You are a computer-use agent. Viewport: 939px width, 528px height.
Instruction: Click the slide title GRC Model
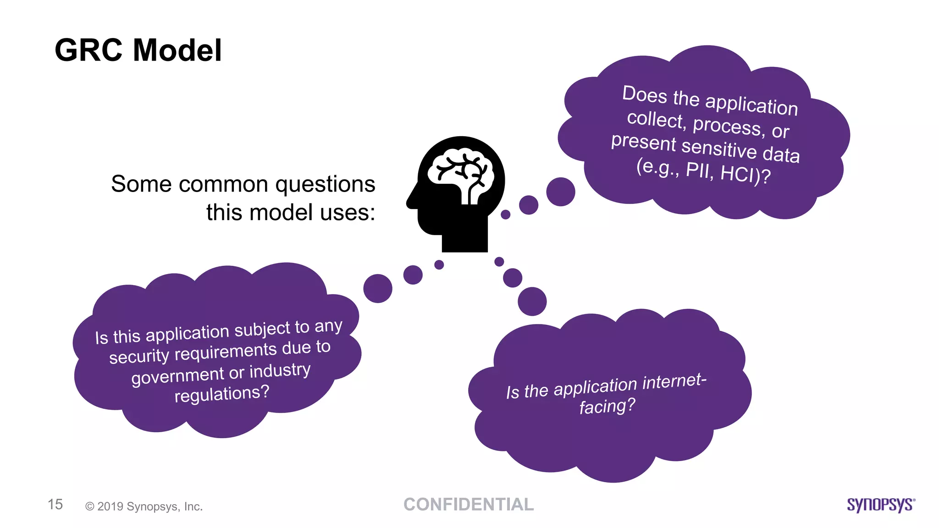(x=138, y=50)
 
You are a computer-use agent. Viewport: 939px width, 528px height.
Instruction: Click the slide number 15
(x=55, y=505)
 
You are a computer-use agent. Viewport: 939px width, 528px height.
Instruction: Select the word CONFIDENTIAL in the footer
(x=469, y=505)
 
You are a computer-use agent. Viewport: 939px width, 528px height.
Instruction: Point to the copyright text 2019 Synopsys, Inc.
(x=144, y=506)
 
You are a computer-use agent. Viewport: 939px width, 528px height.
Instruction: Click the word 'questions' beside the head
(x=325, y=184)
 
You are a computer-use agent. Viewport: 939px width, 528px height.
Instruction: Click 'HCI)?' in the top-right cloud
(x=746, y=175)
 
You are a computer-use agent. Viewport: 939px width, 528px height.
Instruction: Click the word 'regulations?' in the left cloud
(x=222, y=394)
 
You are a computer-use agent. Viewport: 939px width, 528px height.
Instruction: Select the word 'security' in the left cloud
(x=139, y=356)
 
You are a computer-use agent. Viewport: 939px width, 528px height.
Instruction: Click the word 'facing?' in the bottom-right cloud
(x=607, y=406)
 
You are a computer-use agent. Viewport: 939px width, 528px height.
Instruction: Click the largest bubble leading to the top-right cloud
(x=560, y=192)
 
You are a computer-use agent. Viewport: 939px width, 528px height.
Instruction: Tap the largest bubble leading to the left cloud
(x=378, y=288)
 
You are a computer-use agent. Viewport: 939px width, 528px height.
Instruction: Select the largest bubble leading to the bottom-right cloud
(x=532, y=301)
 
